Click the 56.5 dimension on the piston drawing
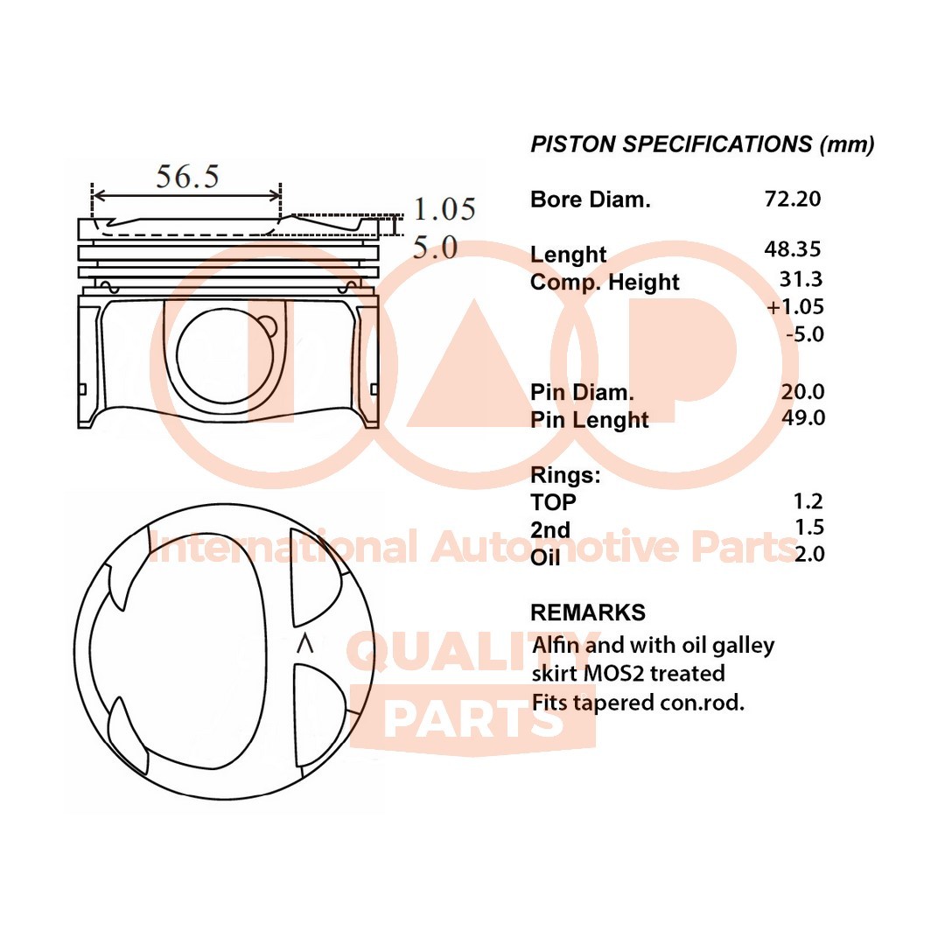tap(187, 177)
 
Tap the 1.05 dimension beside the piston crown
tap(444, 209)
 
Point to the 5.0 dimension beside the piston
tap(435, 248)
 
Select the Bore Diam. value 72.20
tap(793, 199)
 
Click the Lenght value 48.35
tap(793, 249)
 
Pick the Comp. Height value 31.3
tap(801, 279)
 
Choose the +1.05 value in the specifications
tap(794, 306)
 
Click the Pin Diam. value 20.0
tap(803, 392)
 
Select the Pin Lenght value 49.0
tap(803, 418)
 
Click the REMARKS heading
tap(588, 612)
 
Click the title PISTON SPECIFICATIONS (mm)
tap(703, 144)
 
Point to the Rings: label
tap(565, 476)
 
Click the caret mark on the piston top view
tap(304, 644)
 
